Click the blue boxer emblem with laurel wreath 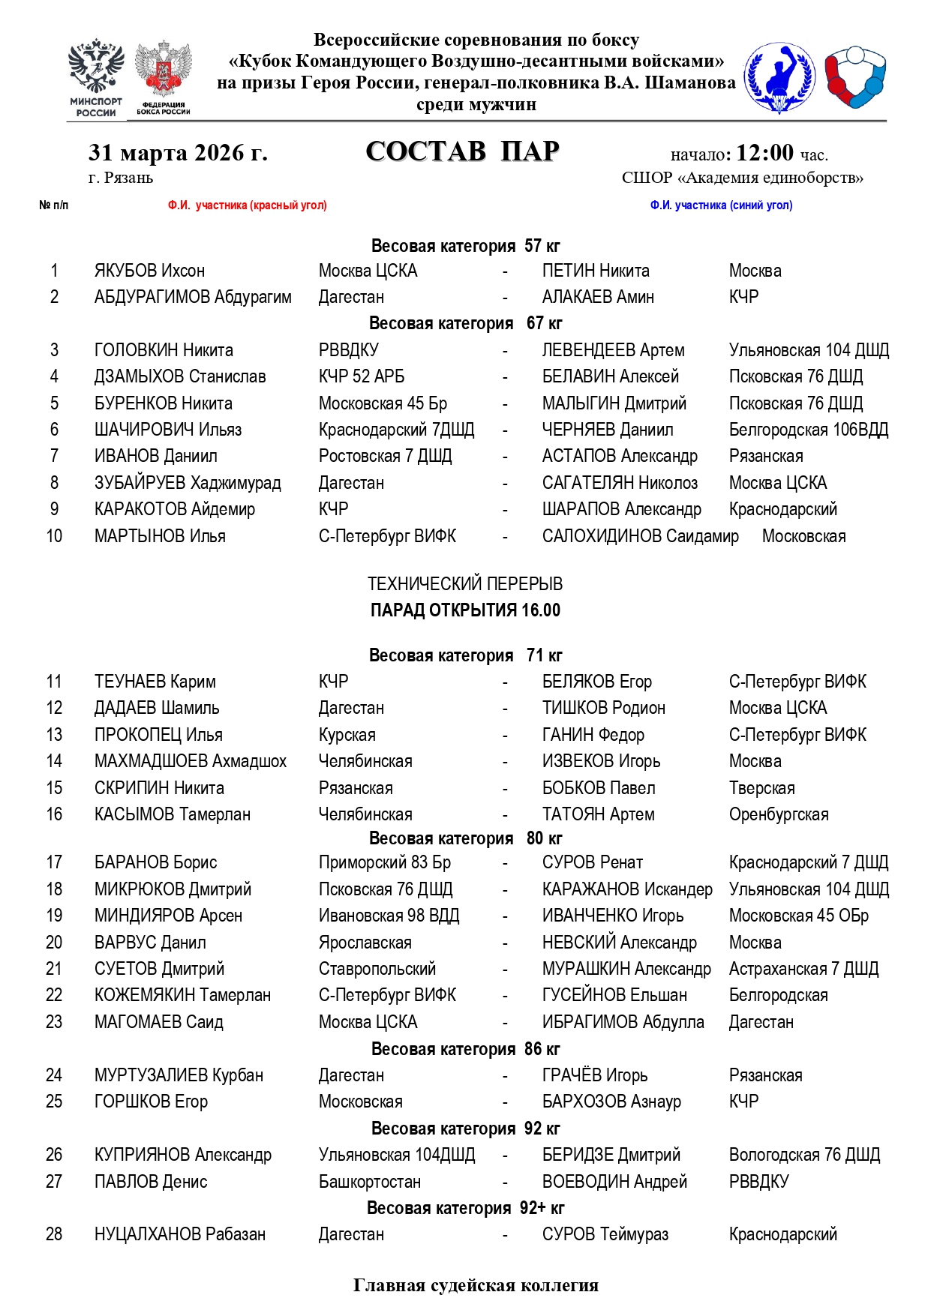click(779, 77)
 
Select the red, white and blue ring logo click(856, 76)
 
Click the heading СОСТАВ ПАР click(462, 151)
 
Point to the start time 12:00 click(764, 153)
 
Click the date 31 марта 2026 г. click(178, 153)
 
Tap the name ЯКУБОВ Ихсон click(149, 271)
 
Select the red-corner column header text click(248, 205)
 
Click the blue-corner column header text click(721, 205)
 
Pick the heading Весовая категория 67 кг click(465, 323)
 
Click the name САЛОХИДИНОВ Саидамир click(640, 536)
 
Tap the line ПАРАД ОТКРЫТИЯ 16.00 click(465, 610)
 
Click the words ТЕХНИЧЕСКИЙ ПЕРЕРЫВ click(465, 584)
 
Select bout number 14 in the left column click(54, 761)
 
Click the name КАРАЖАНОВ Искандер click(627, 889)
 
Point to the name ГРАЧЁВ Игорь click(595, 1075)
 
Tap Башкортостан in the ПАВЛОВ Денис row click(370, 1182)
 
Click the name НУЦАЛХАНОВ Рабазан click(180, 1234)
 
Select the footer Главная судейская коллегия click(476, 1285)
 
